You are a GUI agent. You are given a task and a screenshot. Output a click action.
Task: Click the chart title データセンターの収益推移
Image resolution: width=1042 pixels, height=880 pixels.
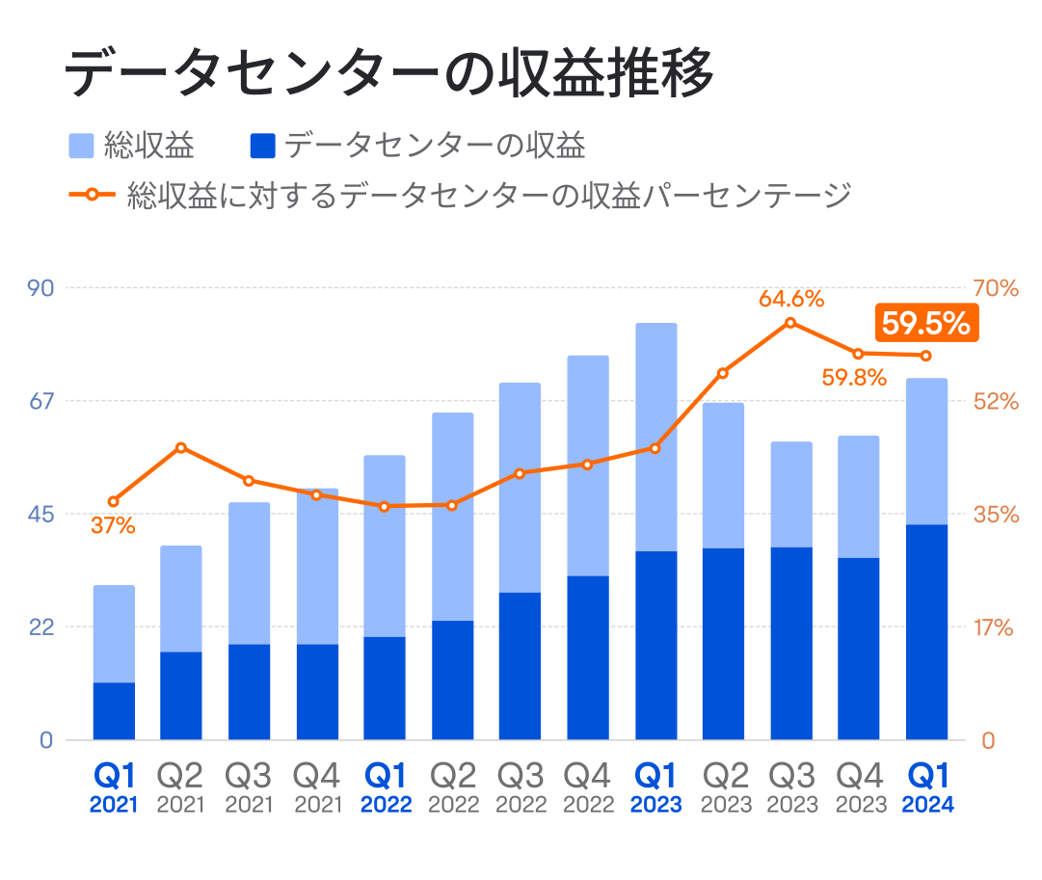(x=389, y=73)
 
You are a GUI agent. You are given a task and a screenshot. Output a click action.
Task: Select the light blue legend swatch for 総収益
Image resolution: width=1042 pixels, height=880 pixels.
(x=82, y=147)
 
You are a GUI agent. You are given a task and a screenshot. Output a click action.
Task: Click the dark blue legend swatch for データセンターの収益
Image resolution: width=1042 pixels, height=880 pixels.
(x=262, y=147)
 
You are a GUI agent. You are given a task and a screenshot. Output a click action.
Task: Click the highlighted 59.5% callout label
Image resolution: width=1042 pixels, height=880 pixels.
(x=925, y=324)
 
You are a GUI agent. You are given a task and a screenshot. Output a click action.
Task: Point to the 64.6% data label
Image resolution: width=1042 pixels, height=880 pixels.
(x=790, y=299)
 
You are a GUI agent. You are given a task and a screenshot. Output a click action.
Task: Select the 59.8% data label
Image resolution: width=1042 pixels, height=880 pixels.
(x=853, y=378)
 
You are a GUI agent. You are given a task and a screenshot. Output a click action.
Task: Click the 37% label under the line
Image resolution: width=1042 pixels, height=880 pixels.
(x=113, y=526)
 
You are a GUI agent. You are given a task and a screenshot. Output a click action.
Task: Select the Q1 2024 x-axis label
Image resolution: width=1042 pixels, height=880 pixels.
(x=927, y=787)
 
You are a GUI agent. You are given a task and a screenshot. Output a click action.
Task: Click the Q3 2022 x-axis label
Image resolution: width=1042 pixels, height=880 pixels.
(x=520, y=787)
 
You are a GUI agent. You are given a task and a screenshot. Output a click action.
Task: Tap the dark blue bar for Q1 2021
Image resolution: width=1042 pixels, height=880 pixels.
(x=114, y=711)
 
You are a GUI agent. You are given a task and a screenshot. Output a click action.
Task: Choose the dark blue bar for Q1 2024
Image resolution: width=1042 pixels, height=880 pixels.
(x=926, y=632)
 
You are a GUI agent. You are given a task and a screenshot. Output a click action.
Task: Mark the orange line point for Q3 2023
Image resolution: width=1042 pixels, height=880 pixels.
(x=790, y=323)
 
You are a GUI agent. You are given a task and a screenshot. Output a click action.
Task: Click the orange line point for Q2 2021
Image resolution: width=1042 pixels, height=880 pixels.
(x=181, y=447)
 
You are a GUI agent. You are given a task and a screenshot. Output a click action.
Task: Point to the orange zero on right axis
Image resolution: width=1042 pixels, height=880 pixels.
(x=988, y=740)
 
